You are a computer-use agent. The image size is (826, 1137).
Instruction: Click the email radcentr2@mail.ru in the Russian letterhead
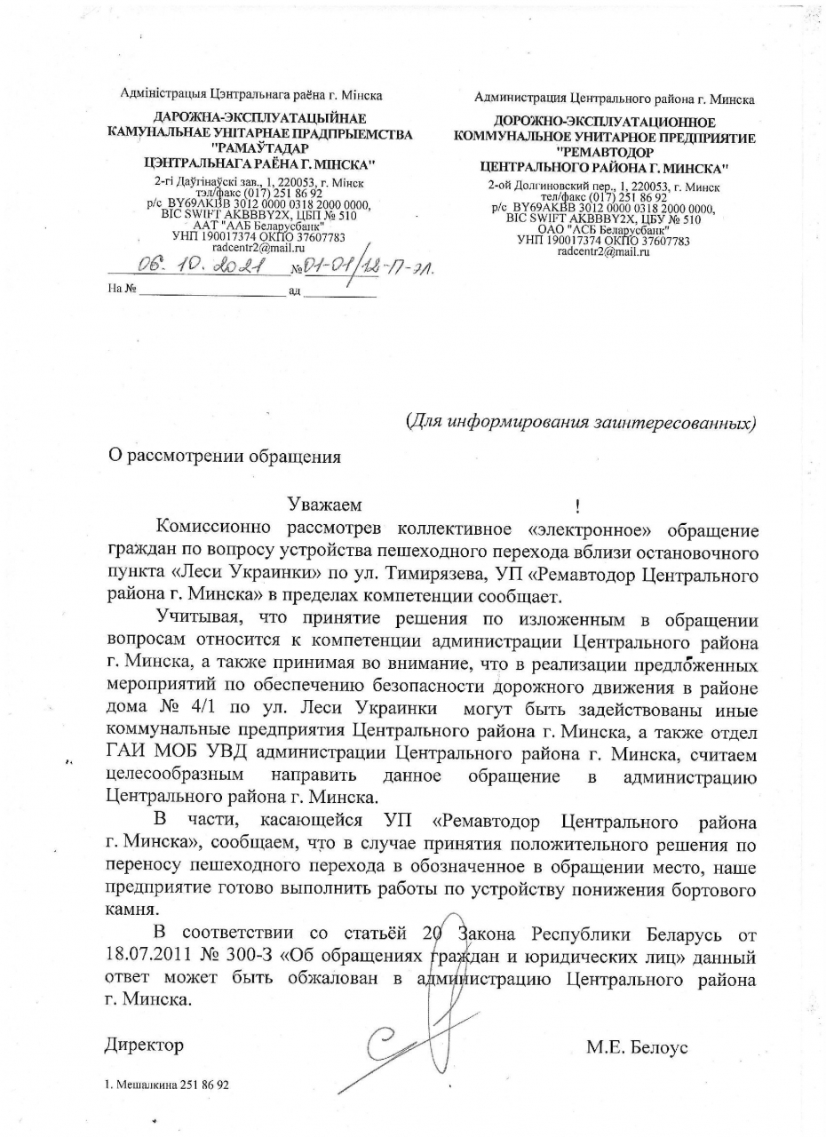pos(603,252)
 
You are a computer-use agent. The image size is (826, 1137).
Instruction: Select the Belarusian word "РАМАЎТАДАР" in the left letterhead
pos(259,149)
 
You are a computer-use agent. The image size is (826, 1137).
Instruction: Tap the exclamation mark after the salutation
pos(577,507)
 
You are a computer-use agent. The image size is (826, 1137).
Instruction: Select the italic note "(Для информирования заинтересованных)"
pos(581,421)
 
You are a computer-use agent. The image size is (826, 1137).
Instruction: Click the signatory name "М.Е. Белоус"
pos(637,1047)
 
